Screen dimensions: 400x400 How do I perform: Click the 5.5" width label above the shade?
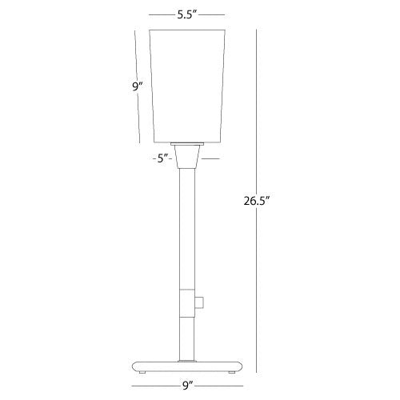(x=185, y=14)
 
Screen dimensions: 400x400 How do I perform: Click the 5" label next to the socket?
(x=162, y=158)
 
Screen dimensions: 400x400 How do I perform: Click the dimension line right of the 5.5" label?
(x=211, y=14)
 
